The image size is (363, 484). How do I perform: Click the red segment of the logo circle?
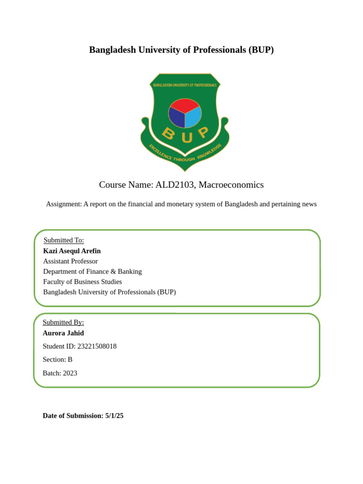184,105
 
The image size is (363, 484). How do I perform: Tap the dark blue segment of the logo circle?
176,117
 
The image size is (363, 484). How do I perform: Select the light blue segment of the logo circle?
193,117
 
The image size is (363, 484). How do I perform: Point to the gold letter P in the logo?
203,133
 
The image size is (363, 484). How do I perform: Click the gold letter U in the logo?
186,138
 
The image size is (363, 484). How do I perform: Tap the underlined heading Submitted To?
63,240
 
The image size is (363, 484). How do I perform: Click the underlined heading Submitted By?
63,322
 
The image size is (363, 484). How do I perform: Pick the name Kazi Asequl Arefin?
72,251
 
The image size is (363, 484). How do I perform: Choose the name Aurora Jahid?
63,333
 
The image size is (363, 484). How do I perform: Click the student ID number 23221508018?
97,346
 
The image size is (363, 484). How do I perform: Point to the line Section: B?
57,360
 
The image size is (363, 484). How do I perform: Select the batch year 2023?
70,373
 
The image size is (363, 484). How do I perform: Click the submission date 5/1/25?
114,416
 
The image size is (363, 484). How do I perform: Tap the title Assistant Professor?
70,261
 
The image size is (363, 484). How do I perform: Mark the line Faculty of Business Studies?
82,282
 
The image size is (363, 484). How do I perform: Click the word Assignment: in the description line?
64,204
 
